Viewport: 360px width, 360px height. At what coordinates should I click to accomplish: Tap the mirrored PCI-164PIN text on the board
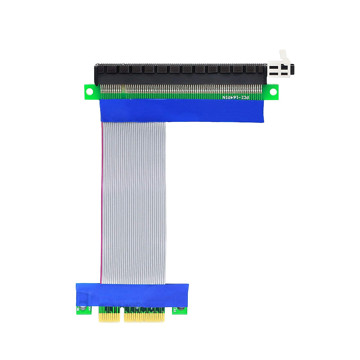click(x=235, y=97)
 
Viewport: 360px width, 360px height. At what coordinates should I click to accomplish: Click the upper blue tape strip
click(x=181, y=111)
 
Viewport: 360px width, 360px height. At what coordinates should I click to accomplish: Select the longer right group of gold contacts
click(x=144, y=316)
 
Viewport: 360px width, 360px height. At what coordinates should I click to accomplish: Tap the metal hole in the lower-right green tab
click(x=180, y=310)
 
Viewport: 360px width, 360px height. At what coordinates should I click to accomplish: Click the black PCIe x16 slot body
click(x=180, y=73)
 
